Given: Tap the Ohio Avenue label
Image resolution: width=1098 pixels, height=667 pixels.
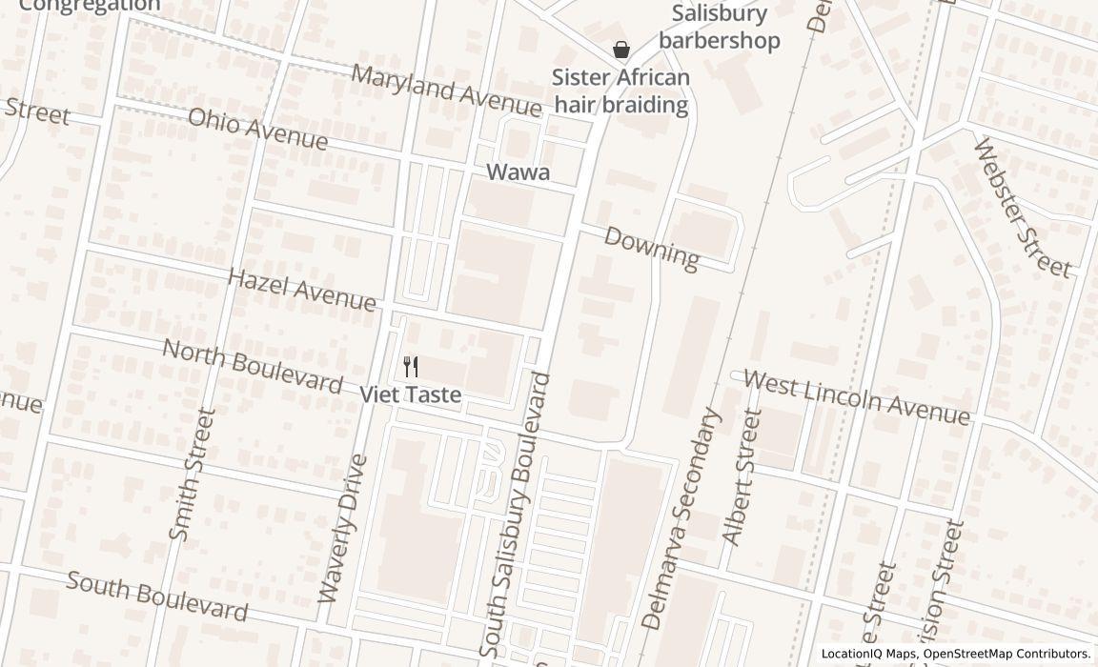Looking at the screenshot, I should point(257,129).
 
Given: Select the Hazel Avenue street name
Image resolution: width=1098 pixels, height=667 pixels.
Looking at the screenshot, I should point(302,289).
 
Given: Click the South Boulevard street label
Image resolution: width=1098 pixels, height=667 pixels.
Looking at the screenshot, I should point(157,596).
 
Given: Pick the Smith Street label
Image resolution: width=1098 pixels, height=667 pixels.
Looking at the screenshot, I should point(192,475).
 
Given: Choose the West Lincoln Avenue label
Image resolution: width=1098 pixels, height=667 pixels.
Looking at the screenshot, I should point(856,397).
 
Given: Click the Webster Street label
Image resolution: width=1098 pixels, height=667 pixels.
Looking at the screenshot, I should point(1022,207).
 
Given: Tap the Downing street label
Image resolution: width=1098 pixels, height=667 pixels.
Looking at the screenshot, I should point(651,247).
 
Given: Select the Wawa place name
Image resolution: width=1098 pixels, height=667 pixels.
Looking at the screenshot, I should point(518,172).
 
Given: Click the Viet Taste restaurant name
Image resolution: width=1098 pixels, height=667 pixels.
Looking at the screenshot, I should point(411,394).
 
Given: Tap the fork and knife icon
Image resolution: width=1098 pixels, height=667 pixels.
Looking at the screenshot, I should point(411,367).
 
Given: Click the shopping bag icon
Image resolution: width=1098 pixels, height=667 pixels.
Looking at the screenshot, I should point(621,50).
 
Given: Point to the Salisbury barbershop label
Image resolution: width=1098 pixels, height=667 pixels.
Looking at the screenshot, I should point(720,27).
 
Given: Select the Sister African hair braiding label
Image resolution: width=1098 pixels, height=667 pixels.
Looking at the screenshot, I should point(621,91).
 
